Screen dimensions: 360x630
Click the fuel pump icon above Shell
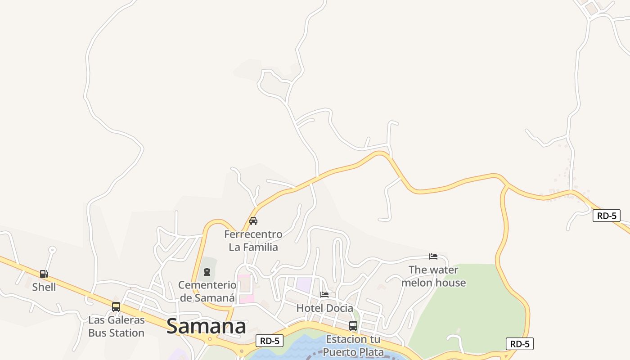click(44, 274)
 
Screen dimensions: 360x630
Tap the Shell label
click(44, 287)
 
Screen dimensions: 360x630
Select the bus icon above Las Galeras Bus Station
click(116, 307)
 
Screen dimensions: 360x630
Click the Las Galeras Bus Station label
click(116, 327)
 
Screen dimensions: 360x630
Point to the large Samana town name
click(206, 327)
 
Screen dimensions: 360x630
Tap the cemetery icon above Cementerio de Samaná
click(207, 272)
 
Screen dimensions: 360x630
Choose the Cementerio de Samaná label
click(207, 291)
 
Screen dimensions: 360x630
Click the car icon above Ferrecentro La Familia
click(253, 221)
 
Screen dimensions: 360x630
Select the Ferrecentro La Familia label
click(253, 241)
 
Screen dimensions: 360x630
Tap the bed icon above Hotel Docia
click(324, 295)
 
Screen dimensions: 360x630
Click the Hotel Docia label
click(324, 308)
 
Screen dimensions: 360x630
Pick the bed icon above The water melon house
click(433, 256)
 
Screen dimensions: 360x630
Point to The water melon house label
click(433, 276)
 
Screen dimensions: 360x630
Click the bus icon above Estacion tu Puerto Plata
click(353, 326)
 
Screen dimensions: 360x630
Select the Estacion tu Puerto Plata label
click(353, 345)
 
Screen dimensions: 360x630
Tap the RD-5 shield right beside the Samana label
click(270, 341)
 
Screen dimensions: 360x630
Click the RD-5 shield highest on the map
click(606, 216)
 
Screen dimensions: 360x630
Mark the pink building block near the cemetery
click(245, 288)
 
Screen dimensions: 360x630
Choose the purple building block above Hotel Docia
click(304, 285)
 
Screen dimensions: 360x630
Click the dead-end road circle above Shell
click(52, 249)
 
